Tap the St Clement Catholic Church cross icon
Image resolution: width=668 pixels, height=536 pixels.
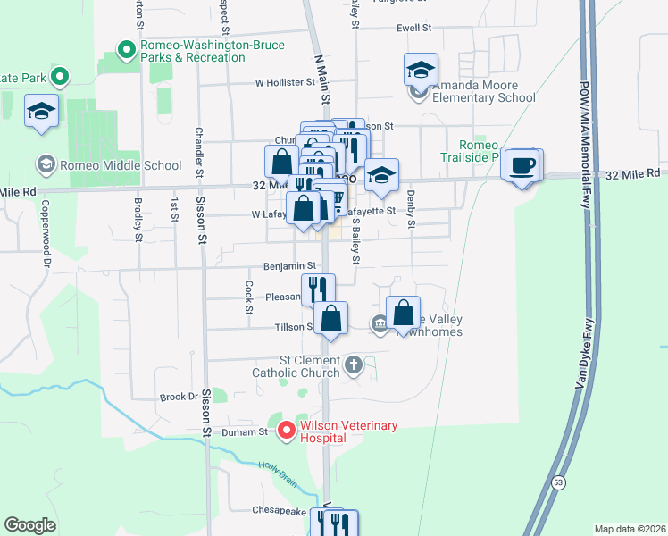tap(354, 364)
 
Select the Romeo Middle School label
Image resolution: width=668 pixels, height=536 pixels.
tap(108, 164)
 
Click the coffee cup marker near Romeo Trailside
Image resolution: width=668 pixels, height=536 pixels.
tap(522, 165)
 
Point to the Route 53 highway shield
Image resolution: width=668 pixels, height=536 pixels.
tap(558, 482)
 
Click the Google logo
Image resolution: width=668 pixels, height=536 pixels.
tap(30, 525)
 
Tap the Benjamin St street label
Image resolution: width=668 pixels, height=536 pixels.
tap(289, 265)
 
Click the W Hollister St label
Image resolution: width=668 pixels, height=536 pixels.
tap(285, 82)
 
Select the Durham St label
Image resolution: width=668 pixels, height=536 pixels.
tap(251, 431)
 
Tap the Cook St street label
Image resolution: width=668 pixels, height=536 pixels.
tap(248, 297)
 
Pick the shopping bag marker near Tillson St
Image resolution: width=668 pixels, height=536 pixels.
tap(330, 318)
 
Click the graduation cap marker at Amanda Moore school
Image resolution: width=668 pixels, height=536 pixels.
tap(421, 69)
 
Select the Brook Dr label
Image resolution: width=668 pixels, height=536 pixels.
tap(178, 397)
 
